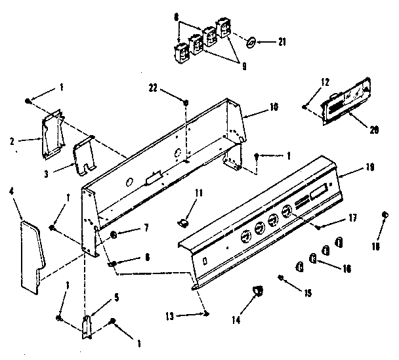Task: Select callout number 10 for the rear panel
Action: pyautogui.click(x=274, y=106)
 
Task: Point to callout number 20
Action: pyautogui.click(x=374, y=130)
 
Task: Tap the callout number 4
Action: pyautogui.click(x=12, y=192)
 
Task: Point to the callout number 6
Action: pyautogui.click(x=146, y=258)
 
